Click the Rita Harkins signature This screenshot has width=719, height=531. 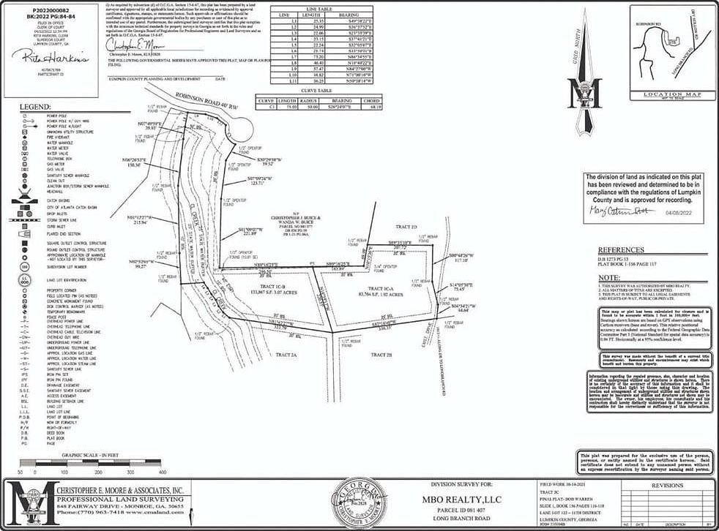pyautogui.click(x=45, y=56)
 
